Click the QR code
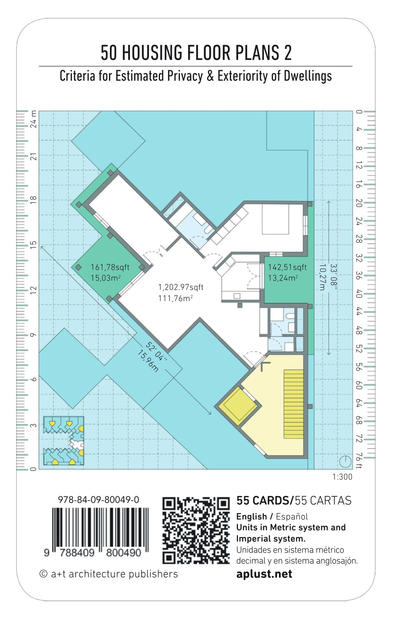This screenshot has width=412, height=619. coord(196,530)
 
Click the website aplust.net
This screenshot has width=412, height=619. coord(264,574)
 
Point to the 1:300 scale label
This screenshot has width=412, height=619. coord(342,477)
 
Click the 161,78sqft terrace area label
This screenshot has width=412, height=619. coord(110,267)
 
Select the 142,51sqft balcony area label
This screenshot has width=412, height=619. coord(287,267)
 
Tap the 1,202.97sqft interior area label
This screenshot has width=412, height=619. coord(181,287)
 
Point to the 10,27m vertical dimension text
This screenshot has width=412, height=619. coord(322,277)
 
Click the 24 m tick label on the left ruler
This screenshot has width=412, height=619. coord(33,119)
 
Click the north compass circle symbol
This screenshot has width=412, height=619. coord(345,461)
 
